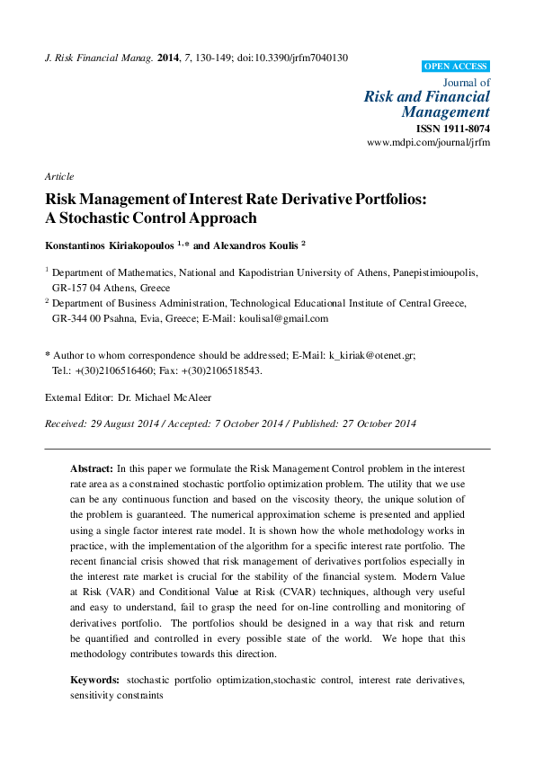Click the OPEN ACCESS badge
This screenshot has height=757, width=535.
coord(456,66)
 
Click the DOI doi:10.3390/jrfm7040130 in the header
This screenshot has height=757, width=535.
coord(293,58)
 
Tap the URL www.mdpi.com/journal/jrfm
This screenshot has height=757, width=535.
coord(429,144)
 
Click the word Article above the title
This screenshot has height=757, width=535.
coord(59,176)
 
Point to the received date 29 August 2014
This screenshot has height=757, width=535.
coord(126,423)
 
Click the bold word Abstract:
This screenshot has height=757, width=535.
coord(92,469)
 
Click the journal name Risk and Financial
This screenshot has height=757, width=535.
coord(427,96)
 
